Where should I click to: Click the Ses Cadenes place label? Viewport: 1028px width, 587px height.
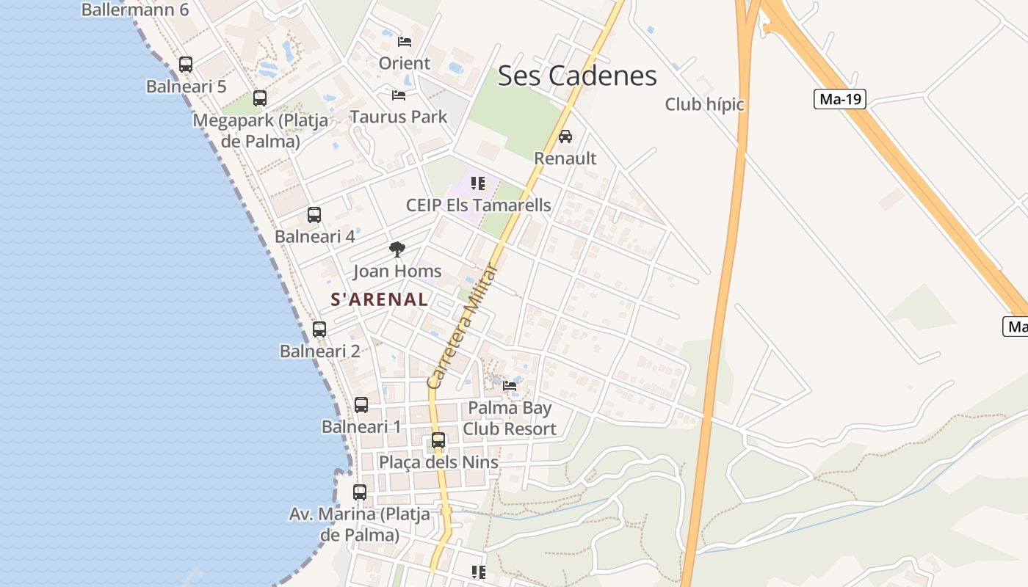click(x=577, y=76)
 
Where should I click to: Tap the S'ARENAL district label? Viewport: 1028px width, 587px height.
click(x=380, y=299)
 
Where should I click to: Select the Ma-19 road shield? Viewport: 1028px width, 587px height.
click(x=840, y=99)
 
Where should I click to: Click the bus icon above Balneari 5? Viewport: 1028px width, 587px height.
click(x=186, y=65)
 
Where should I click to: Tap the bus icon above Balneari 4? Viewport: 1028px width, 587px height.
click(x=314, y=215)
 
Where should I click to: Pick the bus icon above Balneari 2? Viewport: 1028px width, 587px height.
click(x=319, y=329)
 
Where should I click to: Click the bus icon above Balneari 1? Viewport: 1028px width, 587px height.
click(x=361, y=405)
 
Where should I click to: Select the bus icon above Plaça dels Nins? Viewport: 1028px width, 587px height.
click(x=438, y=440)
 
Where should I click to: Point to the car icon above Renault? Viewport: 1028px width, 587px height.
click(x=565, y=136)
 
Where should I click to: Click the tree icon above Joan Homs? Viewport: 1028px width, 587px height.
click(x=397, y=249)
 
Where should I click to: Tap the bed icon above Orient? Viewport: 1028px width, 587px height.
click(x=404, y=41)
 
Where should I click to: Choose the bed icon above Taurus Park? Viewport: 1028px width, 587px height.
click(x=399, y=95)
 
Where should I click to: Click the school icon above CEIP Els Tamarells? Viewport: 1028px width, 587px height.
click(x=478, y=183)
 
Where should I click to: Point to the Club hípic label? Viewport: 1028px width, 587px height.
click(x=704, y=105)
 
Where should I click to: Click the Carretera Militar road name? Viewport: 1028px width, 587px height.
click(x=463, y=327)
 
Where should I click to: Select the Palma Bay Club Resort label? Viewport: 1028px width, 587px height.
click(x=510, y=418)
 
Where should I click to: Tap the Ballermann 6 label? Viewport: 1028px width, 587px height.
click(x=135, y=10)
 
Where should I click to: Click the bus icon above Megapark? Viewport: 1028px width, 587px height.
click(x=260, y=98)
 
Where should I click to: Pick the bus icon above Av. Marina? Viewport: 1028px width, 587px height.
click(x=360, y=492)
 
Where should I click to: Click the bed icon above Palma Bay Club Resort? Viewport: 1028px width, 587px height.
click(x=510, y=386)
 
